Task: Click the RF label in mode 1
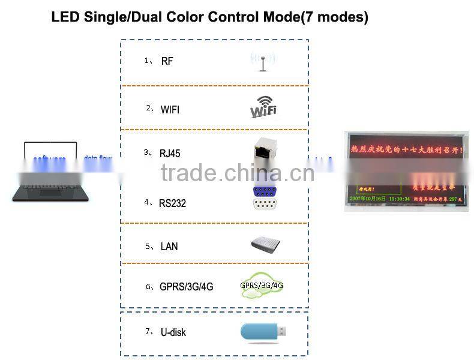[167, 61]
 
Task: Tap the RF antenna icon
[262, 61]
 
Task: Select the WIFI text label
[170, 110]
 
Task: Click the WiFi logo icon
[263, 107]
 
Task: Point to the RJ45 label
[170, 154]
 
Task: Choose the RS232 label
[172, 203]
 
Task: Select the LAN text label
[169, 247]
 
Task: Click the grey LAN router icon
[265, 244]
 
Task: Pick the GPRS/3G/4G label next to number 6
[186, 287]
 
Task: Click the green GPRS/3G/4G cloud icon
[261, 287]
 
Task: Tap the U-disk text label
[173, 332]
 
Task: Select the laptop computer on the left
[51, 171]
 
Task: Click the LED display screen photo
[406, 170]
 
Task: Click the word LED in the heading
[64, 17]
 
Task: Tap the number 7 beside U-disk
[147, 331]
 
